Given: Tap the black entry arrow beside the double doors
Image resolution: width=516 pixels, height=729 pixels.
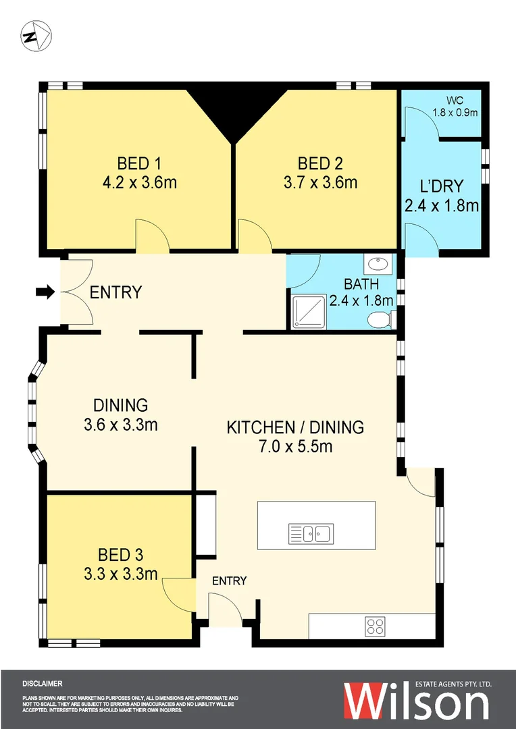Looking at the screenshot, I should [45, 292].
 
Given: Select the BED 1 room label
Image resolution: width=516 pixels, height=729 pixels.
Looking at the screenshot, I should [140, 163].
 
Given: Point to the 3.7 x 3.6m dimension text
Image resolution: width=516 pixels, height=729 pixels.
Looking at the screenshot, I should [320, 182].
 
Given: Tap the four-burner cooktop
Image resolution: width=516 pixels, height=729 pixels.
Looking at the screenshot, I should [376, 626].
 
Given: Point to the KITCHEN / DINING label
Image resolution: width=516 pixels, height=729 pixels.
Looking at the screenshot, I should [294, 427].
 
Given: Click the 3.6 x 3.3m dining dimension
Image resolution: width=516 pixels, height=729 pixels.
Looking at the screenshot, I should [120, 425].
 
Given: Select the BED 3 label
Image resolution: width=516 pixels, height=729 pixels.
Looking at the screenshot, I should [120, 555].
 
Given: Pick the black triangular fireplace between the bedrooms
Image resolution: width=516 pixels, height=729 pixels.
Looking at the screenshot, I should [233, 111].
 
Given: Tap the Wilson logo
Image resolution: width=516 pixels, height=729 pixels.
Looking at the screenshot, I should [416, 703].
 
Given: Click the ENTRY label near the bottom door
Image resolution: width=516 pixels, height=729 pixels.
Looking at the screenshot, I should [230, 580].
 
